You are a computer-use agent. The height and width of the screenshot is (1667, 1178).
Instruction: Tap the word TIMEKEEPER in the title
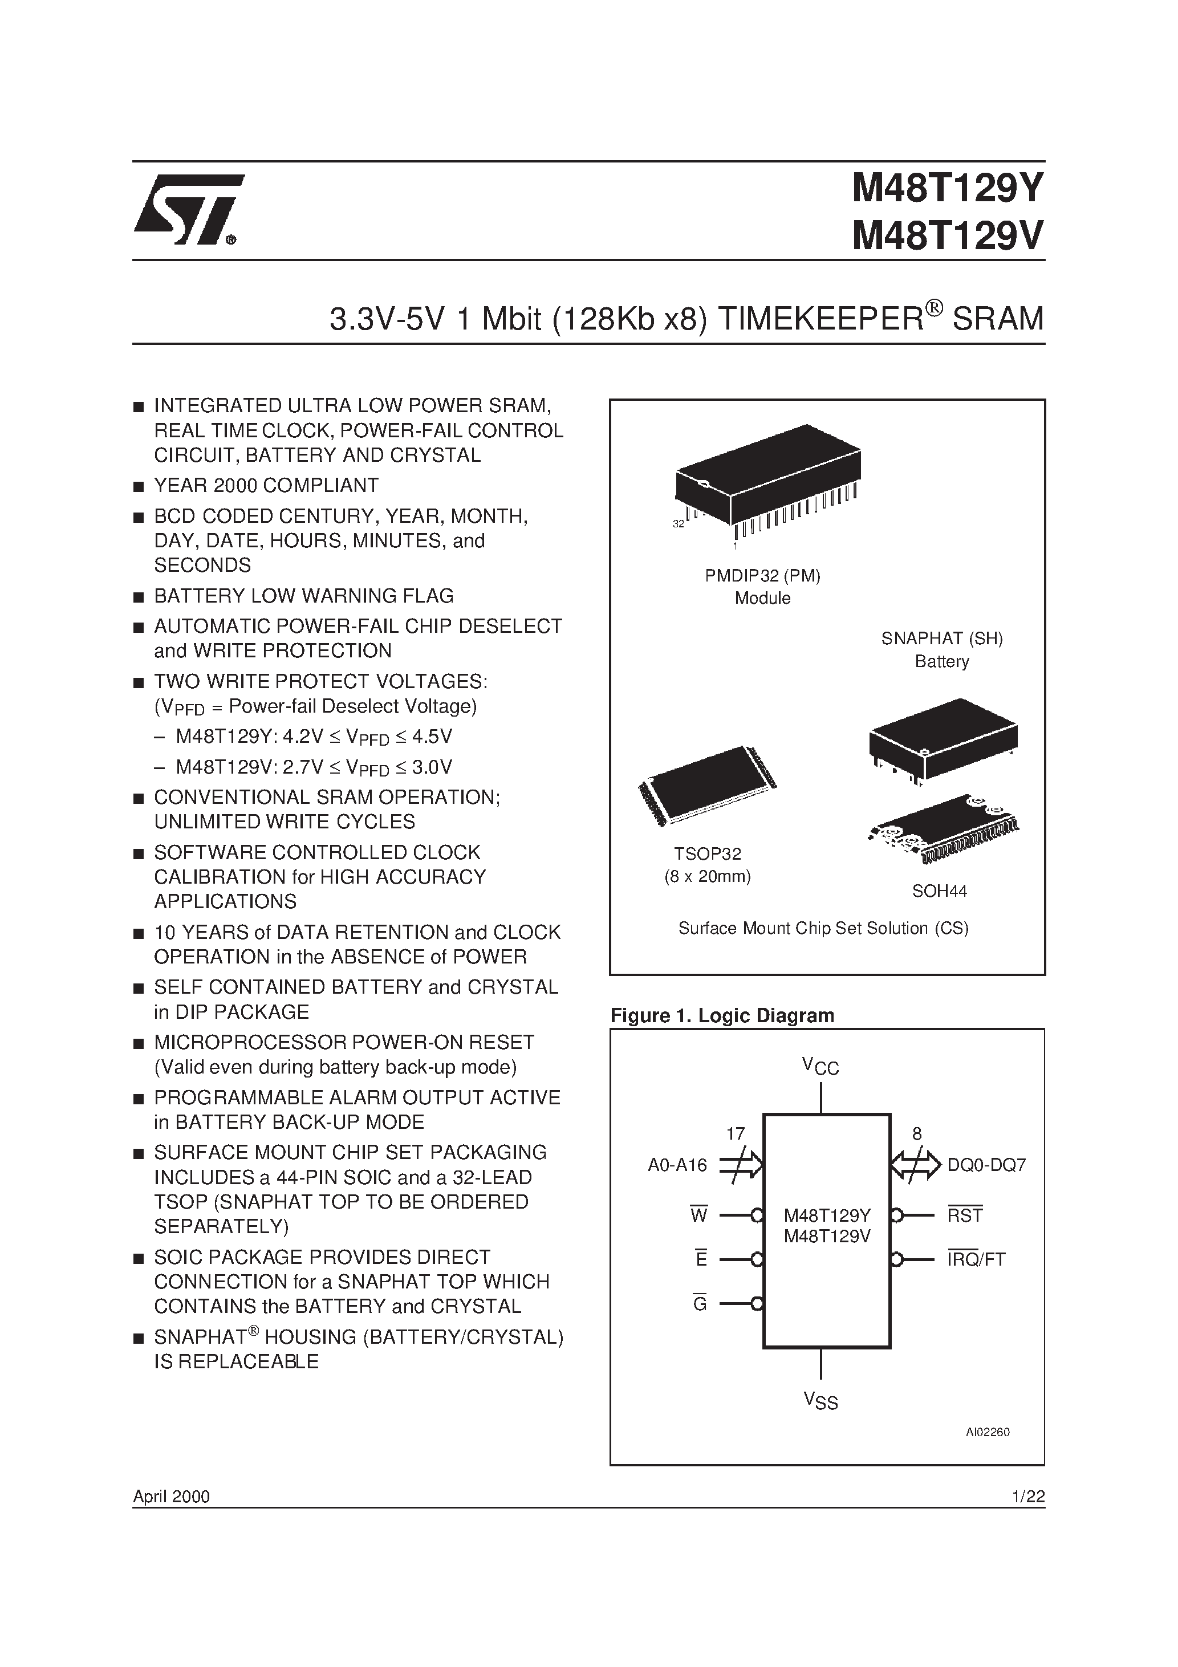(817, 319)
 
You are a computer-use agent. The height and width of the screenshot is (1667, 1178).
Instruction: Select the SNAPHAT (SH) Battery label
(941, 649)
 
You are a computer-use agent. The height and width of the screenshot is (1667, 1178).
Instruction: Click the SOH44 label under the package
(939, 891)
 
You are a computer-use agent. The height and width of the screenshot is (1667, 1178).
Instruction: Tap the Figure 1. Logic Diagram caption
(722, 1015)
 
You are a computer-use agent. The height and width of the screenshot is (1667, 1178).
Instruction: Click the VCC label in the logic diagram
(820, 1067)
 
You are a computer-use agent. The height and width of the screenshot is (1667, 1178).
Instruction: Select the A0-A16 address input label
(677, 1165)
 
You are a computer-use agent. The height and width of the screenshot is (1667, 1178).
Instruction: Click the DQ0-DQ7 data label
(986, 1165)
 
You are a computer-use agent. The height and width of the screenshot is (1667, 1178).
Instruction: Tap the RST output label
(965, 1215)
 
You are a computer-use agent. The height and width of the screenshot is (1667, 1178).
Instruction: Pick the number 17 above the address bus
(735, 1133)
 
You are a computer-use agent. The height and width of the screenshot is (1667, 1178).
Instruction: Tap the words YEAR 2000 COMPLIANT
(266, 485)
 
